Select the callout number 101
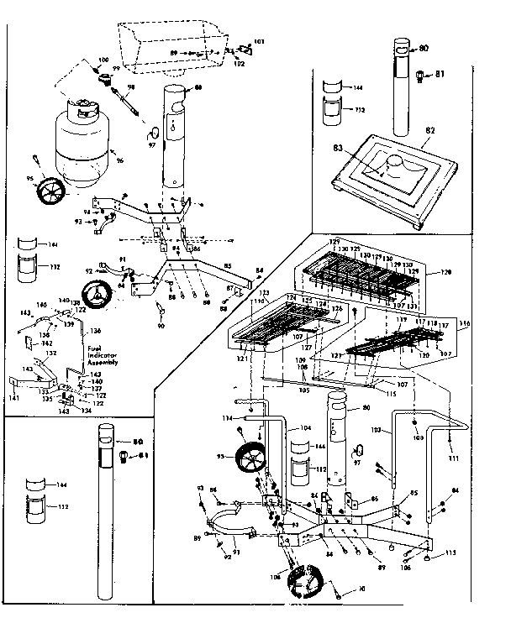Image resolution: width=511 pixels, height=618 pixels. [258, 41]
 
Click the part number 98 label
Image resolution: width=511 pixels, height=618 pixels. [130, 86]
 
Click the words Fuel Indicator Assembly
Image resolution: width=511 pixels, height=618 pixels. [102, 354]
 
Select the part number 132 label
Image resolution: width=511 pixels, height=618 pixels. [50, 353]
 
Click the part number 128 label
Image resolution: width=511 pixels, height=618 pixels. [445, 273]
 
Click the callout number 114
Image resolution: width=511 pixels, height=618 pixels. [226, 418]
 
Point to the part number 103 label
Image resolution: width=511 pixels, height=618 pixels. [377, 430]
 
